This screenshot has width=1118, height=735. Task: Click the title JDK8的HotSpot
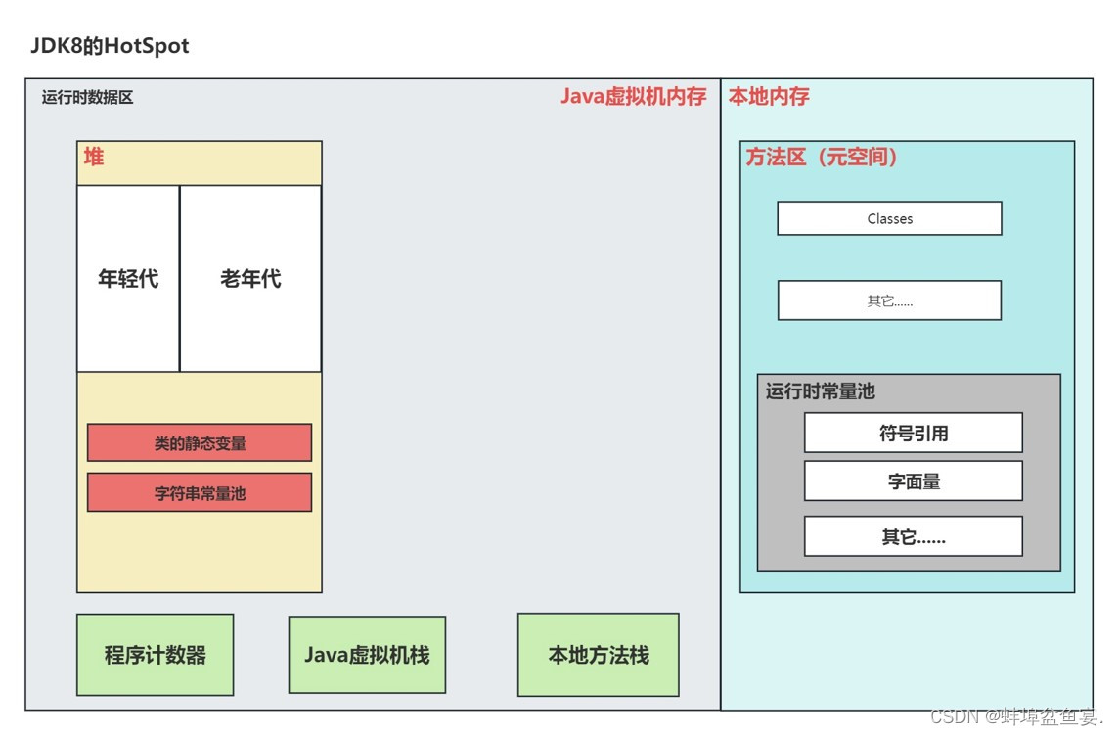110,46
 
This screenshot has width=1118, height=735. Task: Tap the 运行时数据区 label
87,97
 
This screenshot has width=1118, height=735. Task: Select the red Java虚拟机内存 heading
633,96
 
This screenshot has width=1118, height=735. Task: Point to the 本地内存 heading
769,96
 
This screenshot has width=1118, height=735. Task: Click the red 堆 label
94,157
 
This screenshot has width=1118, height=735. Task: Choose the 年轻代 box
128,279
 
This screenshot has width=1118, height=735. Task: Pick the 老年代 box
250,279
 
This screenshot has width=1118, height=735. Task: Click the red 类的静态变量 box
200,442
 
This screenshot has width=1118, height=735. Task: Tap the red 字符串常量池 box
200,492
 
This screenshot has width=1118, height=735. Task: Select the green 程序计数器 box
156,655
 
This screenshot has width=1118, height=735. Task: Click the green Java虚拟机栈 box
367,655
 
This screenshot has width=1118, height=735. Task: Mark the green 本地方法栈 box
598,655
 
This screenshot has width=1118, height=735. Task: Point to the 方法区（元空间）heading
822,157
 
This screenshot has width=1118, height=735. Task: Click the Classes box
889,218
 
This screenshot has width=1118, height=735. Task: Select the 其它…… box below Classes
889,300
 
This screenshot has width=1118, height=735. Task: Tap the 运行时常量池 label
820,391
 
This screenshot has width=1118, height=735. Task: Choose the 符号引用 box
913,433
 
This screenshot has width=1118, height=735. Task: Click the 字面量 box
913,482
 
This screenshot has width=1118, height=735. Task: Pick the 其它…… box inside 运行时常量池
913,536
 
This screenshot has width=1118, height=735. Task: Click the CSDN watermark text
1016,715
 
